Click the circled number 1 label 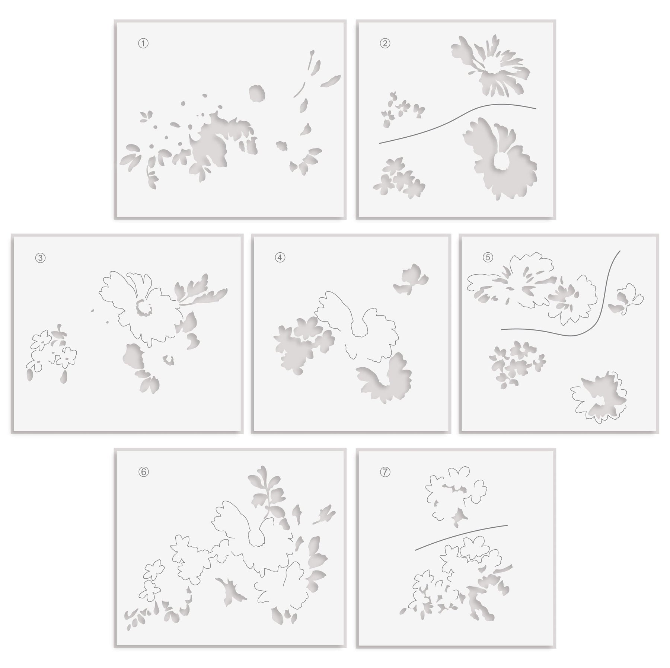[143, 44]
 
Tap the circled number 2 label [385, 44]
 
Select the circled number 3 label [41, 258]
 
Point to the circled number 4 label [280, 258]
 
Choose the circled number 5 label [488, 258]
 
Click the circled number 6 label [143, 472]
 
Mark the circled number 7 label [385, 472]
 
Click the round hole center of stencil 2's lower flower [501, 162]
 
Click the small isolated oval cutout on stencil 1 [257, 93]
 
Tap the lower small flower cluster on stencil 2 [399, 178]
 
